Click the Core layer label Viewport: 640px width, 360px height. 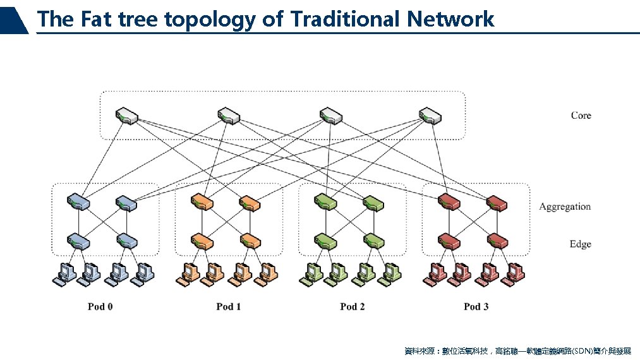click(581, 115)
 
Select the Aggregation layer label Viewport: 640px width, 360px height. click(564, 207)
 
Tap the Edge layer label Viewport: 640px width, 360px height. click(580, 244)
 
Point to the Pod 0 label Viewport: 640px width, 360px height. click(100, 306)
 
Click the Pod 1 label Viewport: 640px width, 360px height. click(228, 306)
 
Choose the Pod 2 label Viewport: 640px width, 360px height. click(352, 306)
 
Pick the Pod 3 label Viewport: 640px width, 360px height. click(476, 306)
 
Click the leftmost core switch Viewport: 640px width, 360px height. click(126, 116)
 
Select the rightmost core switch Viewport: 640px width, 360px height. click(430, 116)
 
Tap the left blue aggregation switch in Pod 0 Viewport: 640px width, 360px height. click(78, 203)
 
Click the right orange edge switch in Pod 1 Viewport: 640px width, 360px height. click(250, 241)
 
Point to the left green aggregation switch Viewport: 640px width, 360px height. click(325, 203)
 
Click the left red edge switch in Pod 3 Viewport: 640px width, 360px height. click(449, 241)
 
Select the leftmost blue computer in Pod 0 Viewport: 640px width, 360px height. click(63, 272)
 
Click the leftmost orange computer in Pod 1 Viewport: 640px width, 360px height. click(187, 272)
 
